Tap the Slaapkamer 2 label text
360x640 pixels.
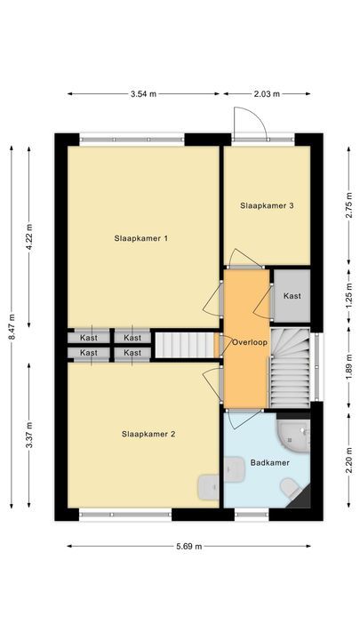(x=148, y=435)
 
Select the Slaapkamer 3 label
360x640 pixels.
(x=267, y=205)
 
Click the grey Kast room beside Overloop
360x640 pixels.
(x=292, y=296)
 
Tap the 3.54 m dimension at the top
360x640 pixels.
(x=143, y=93)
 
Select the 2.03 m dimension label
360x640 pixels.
(x=267, y=93)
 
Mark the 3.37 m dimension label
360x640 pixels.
(x=29, y=434)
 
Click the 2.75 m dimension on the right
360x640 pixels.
(x=348, y=205)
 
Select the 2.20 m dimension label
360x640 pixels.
(x=348, y=462)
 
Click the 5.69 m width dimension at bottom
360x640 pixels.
(x=188, y=545)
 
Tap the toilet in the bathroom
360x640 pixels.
(x=289, y=488)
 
